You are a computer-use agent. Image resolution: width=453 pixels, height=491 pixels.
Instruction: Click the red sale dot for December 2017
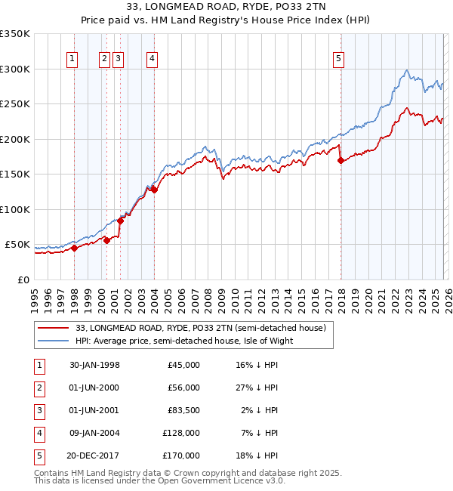point(340,160)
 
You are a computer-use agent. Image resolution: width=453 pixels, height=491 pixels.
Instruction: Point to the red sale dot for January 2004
point(154,190)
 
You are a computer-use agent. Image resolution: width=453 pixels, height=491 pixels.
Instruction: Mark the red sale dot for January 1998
point(74,248)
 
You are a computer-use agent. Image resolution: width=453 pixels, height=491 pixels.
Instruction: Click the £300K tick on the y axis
point(15,69)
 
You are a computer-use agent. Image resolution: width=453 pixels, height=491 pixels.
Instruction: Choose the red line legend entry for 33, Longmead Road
point(201,328)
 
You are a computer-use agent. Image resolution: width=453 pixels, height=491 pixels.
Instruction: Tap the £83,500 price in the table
point(182,410)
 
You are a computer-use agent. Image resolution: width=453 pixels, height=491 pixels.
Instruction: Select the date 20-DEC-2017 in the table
point(94,455)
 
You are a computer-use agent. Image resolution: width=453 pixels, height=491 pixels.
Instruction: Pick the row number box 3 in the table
point(37,410)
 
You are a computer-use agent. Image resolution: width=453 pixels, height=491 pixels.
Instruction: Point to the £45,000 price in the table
point(182,365)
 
